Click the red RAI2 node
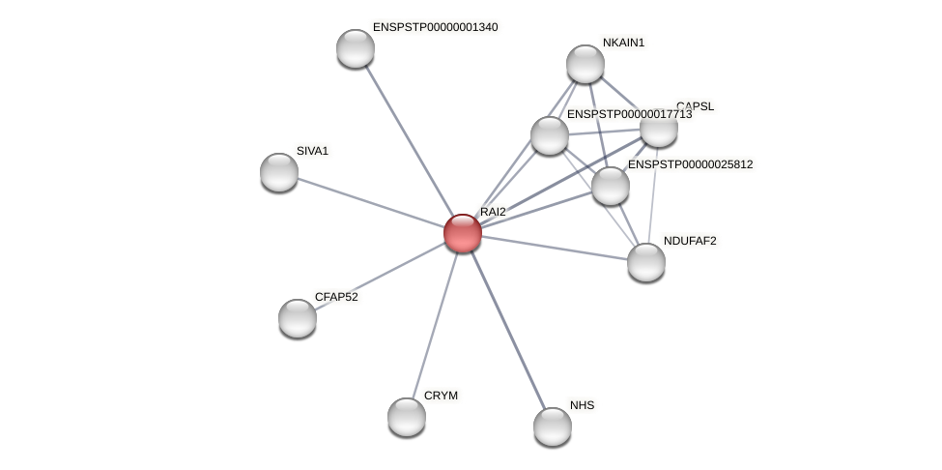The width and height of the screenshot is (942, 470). point(463,233)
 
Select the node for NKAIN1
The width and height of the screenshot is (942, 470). point(585,64)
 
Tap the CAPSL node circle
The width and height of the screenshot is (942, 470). point(659,128)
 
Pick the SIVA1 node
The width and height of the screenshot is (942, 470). point(279,172)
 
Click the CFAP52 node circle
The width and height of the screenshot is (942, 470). point(298,318)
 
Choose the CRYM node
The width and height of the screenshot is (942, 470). point(407,417)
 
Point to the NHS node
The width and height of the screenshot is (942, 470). point(553,426)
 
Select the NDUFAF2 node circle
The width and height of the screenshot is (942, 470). point(646,262)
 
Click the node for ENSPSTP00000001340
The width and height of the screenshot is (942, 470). point(356,48)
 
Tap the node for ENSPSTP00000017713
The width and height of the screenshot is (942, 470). point(550,135)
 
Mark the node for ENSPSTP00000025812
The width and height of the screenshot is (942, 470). point(611,186)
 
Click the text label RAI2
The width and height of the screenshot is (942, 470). point(493,212)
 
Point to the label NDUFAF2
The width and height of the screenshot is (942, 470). point(690,241)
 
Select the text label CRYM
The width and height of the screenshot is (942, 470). point(441,396)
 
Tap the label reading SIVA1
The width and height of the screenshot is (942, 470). point(312,151)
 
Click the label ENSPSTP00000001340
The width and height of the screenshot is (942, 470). point(435,27)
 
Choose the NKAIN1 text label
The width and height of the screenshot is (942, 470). point(623,43)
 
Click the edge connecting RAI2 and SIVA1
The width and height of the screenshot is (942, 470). point(371,203)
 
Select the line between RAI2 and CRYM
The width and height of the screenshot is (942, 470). point(435,325)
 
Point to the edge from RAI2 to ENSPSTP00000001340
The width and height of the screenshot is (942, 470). point(409,140)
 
